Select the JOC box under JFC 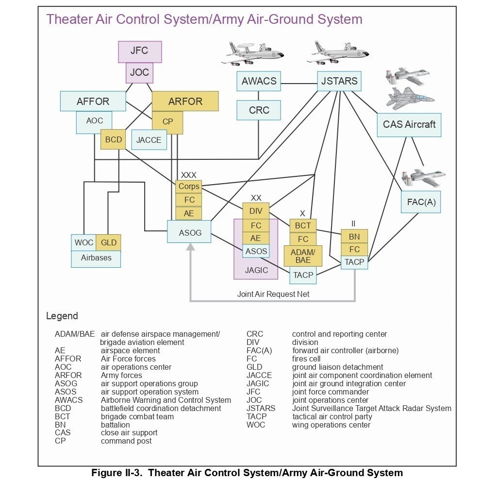(x=140, y=73)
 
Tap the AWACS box (x=259, y=81)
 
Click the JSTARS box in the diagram (x=339, y=81)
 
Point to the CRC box (x=259, y=110)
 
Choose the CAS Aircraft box (x=409, y=124)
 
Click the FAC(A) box (x=421, y=202)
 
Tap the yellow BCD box (x=114, y=139)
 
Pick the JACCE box (x=149, y=140)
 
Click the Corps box (x=189, y=187)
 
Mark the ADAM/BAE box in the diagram (x=303, y=256)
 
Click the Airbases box (x=96, y=258)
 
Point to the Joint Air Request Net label (x=273, y=294)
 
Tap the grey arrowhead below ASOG (x=190, y=247)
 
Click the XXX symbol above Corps (x=189, y=175)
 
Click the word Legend (x=62, y=316)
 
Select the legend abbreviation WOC (x=256, y=425)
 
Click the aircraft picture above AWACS (x=251, y=53)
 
